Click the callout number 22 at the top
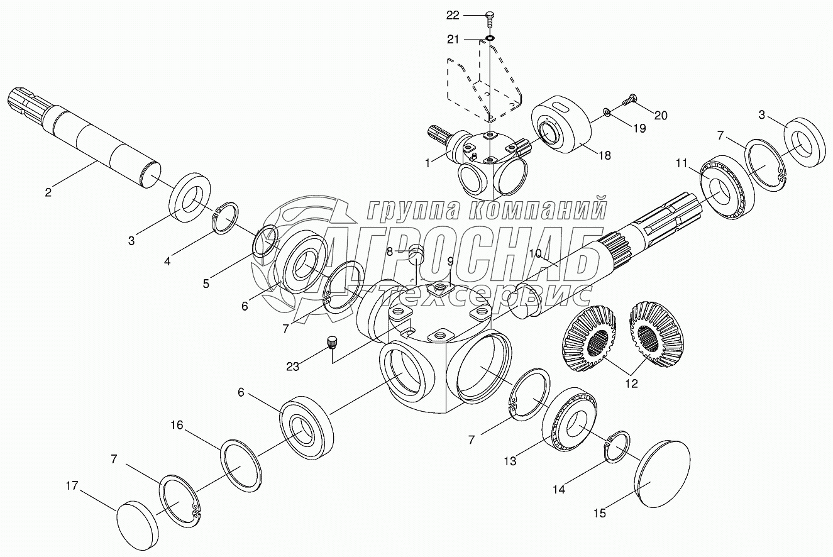pyautogui.click(x=470, y=14)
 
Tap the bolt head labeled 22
pyautogui.click(x=490, y=15)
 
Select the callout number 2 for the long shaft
pyautogui.click(x=48, y=192)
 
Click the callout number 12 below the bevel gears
pyautogui.click(x=631, y=383)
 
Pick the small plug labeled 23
pyautogui.click(x=332, y=343)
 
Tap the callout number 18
pyautogui.click(x=605, y=155)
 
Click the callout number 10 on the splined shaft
pyautogui.click(x=535, y=253)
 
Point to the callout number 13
pyautogui.click(x=509, y=461)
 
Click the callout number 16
pyautogui.click(x=177, y=426)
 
